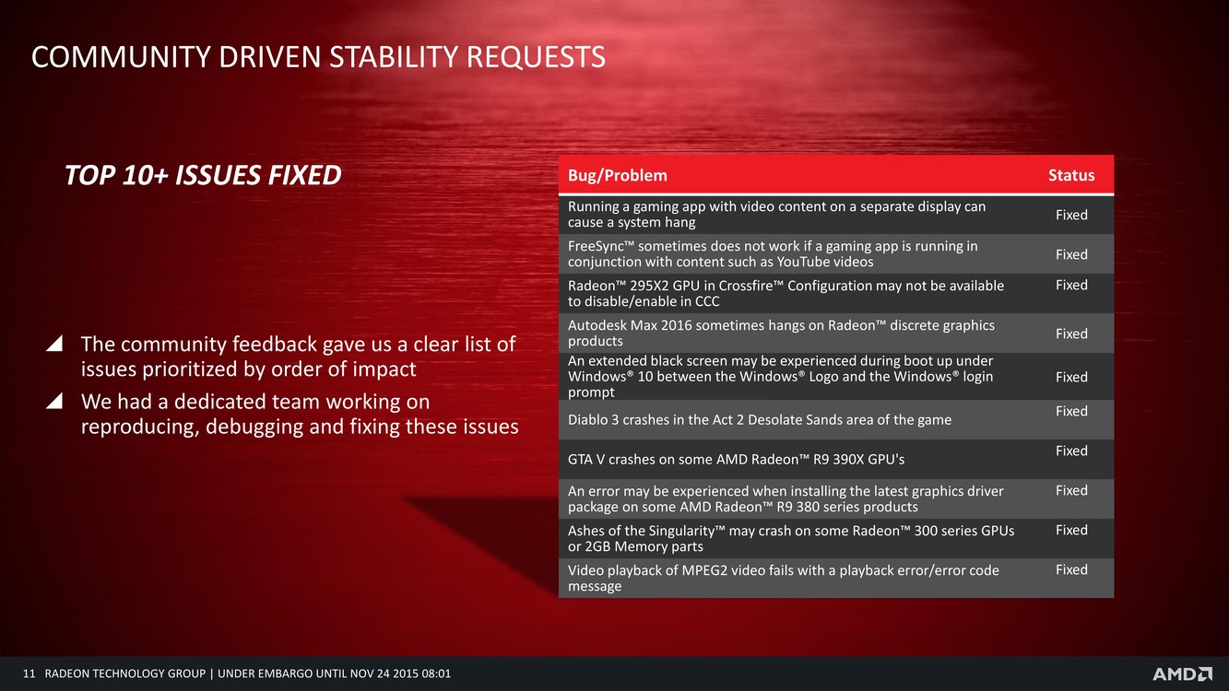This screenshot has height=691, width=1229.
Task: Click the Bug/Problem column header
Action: tap(617, 175)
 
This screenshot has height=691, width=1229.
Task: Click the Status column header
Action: tap(1071, 175)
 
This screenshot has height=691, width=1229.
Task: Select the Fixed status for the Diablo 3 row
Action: tap(1071, 411)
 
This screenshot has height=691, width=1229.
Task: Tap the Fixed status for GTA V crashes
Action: tap(1071, 451)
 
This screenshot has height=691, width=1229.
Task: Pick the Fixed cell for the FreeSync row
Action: tap(1071, 254)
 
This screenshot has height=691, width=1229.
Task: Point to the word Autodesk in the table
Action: tap(597, 325)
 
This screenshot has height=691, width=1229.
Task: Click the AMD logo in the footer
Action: tap(1182, 674)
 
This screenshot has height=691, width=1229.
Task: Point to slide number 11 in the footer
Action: tap(29, 673)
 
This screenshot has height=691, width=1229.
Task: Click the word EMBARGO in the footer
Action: tap(279, 673)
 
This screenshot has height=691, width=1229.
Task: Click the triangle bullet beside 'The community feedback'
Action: tap(54, 344)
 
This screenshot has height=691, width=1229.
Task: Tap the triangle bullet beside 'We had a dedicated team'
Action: tap(54, 401)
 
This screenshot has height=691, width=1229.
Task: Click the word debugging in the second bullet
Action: tap(254, 427)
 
